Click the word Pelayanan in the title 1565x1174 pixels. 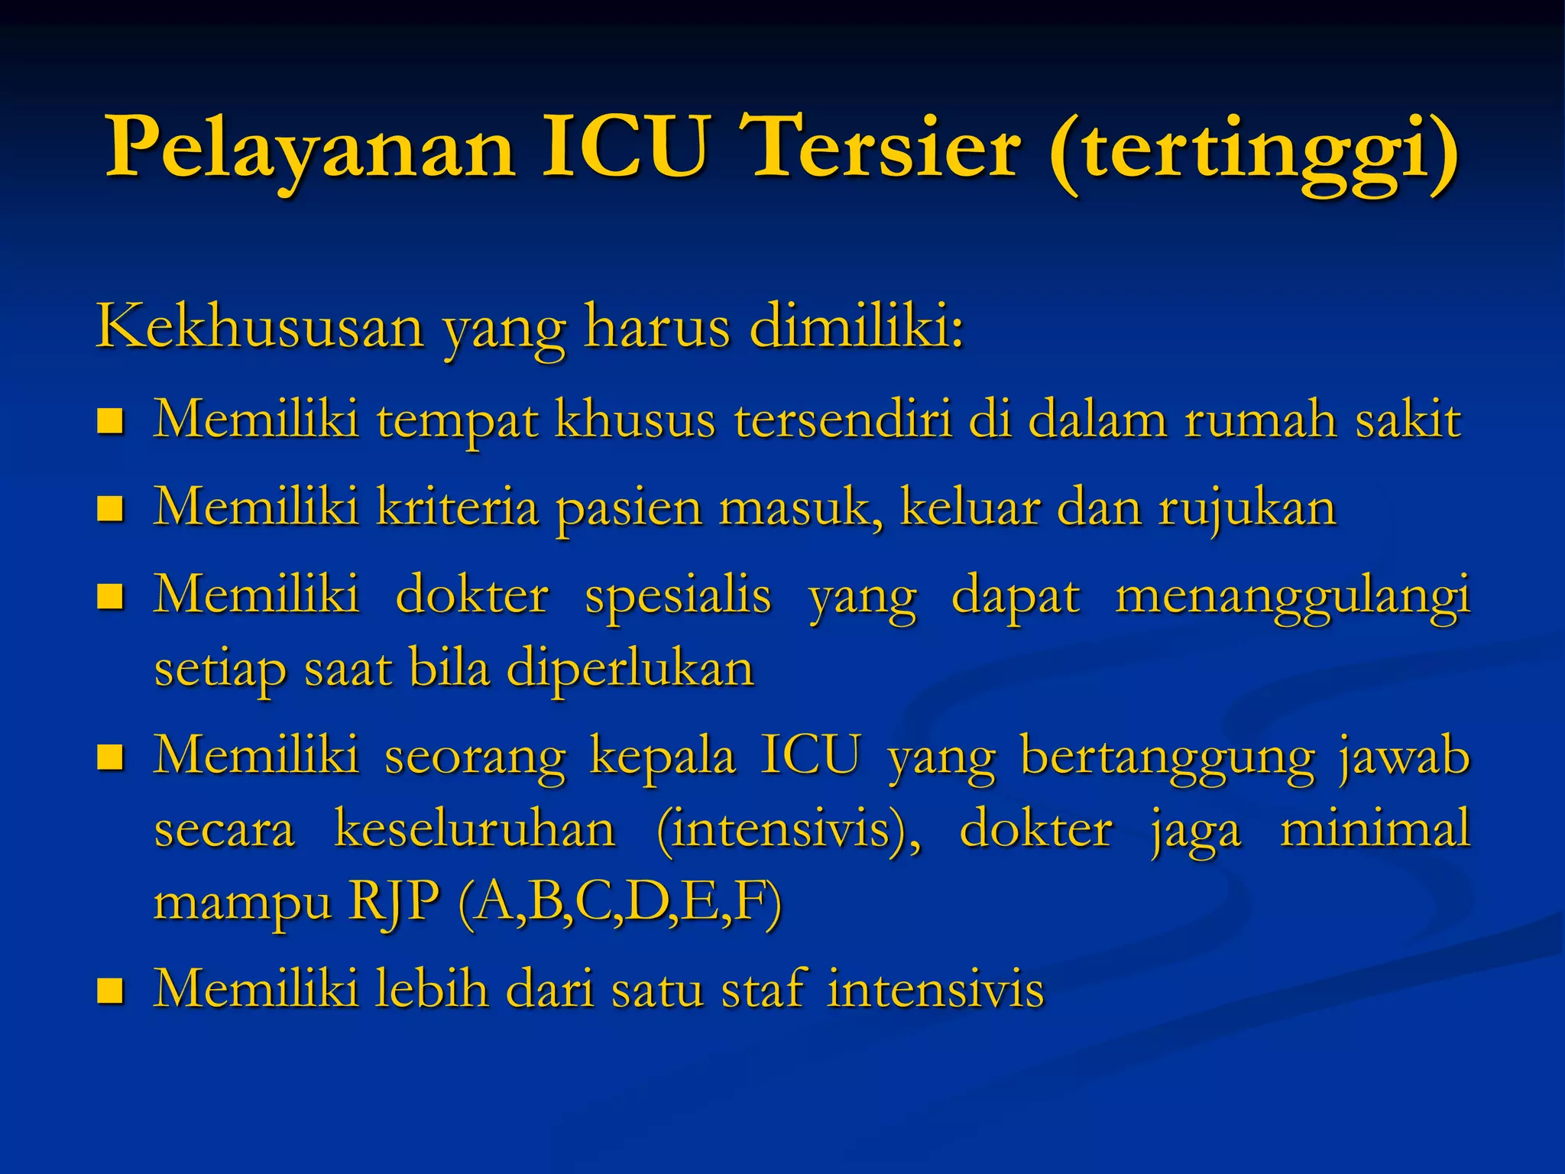[310, 147]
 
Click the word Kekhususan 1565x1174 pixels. [260, 326]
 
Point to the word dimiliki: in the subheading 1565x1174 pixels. [856, 326]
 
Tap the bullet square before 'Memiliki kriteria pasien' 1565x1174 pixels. [111, 508]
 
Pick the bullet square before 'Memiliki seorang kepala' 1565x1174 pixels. [111, 758]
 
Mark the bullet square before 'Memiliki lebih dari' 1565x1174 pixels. [111, 991]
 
